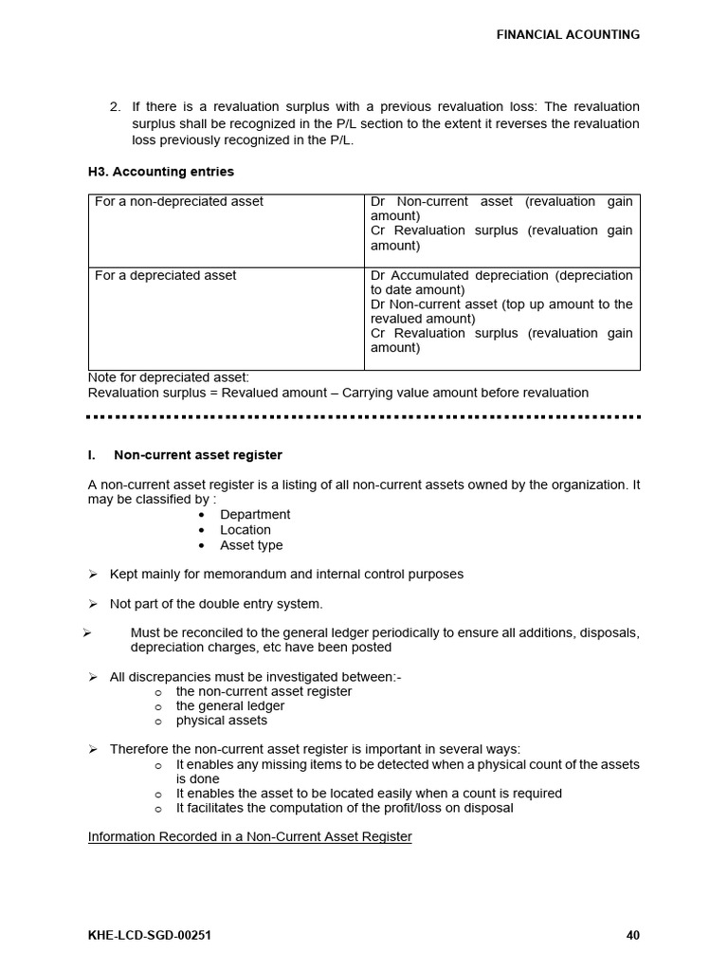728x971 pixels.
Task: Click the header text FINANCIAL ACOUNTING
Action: pyautogui.click(x=568, y=35)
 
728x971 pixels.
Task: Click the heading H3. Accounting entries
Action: pyautogui.click(x=160, y=172)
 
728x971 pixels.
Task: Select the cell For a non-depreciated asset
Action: pyautogui.click(x=179, y=202)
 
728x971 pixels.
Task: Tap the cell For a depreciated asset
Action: pyautogui.click(x=166, y=276)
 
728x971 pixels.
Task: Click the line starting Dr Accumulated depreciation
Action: pyautogui.click(x=501, y=276)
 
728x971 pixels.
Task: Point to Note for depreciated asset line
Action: pyautogui.click(x=168, y=377)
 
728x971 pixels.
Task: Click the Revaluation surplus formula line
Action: pyautogui.click(x=337, y=393)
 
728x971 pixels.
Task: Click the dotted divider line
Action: pyautogui.click(x=363, y=416)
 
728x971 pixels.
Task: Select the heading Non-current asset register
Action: pyautogui.click(x=197, y=455)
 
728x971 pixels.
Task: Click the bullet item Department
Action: pyautogui.click(x=255, y=515)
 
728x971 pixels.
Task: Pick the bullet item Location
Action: pyautogui.click(x=246, y=530)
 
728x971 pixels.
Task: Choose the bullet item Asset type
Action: pyautogui.click(x=251, y=545)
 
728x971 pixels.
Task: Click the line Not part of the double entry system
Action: pyautogui.click(x=216, y=604)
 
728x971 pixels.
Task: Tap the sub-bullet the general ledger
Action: pyautogui.click(x=229, y=706)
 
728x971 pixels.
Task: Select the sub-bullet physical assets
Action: pyautogui.click(x=221, y=721)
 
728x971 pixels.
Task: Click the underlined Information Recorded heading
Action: pyautogui.click(x=249, y=837)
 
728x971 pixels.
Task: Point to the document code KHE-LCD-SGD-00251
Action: pyautogui.click(x=149, y=936)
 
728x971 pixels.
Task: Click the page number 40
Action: pyautogui.click(x=633, y=936)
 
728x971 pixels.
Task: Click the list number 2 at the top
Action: pyautogui.click(x=115, y=107)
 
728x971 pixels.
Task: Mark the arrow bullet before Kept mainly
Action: pyautogui.click(x=93, y=575)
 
